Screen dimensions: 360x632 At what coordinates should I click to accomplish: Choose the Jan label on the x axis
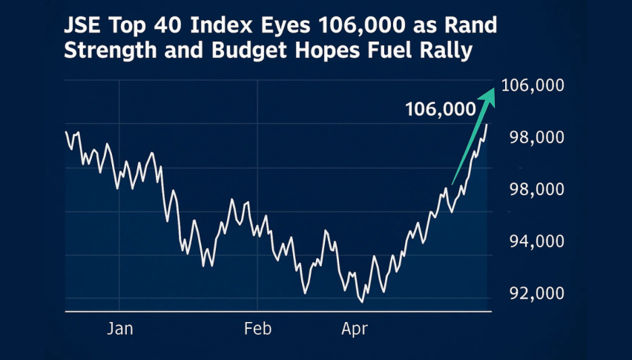[x=119, y=329]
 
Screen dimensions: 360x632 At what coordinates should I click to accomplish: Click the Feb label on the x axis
[x=257, y=329]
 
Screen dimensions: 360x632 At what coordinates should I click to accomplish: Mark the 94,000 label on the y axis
[x=533, y=242]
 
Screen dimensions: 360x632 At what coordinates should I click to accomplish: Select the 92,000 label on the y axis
[x=533, y=293]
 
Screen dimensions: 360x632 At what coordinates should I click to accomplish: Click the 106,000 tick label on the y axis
[x=533, y=85]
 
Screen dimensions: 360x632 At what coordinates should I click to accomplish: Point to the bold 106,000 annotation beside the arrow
[x=440, y=109]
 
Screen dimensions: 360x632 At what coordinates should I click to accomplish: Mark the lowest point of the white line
[x=361, y=301]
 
